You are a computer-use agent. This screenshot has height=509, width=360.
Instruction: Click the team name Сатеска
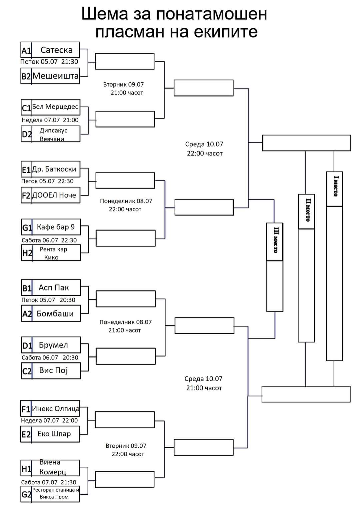56,50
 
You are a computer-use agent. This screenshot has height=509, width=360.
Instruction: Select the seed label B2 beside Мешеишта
26,76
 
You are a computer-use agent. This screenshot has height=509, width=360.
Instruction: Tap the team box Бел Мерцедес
50,107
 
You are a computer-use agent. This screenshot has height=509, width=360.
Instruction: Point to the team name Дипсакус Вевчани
53,135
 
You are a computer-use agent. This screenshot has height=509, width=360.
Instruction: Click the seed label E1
26,170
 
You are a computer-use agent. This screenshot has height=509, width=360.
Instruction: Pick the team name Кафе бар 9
56,227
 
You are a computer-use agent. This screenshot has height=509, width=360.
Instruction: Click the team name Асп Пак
54,287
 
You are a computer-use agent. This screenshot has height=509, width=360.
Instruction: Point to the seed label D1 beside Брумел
27,346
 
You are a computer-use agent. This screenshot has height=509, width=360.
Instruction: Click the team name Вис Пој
53,370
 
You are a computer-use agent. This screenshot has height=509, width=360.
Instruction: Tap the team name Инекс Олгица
56,408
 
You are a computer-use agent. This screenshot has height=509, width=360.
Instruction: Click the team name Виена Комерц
53,467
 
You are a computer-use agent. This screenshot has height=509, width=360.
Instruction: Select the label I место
335,186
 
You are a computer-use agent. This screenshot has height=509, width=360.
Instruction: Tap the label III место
276,240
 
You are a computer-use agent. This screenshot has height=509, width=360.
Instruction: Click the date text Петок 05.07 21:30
49,62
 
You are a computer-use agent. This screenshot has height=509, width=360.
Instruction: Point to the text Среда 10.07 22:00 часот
204,149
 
